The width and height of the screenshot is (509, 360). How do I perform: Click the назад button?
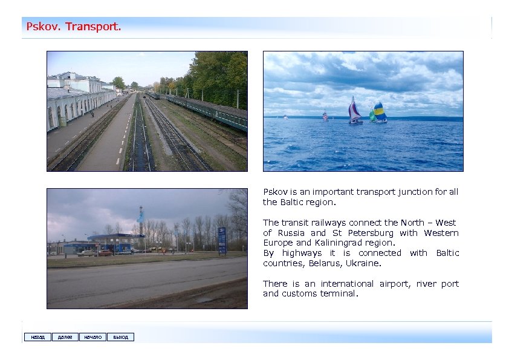point(37,337)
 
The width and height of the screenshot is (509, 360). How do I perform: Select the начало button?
point(92,337)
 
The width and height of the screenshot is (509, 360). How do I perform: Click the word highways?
point(302,253)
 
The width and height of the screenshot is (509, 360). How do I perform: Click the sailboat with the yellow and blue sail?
point(379,113)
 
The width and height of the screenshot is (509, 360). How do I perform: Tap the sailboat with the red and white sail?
point(354,111)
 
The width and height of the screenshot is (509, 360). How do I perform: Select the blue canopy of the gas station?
point(115,237)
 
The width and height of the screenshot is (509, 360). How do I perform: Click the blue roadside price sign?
point(222,240)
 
